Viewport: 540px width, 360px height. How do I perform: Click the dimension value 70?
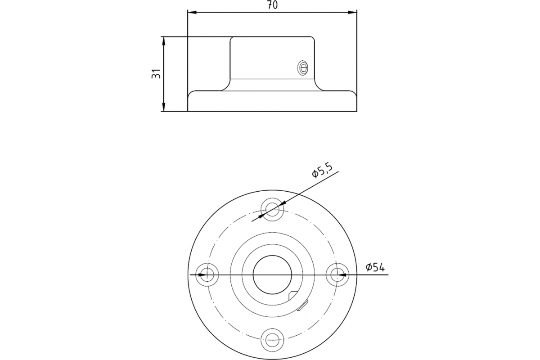272,5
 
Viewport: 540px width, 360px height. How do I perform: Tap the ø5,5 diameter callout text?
322,171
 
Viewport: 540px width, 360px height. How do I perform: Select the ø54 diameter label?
375,267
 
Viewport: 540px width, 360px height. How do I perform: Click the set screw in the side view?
303,68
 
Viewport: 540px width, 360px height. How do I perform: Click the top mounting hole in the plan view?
272,209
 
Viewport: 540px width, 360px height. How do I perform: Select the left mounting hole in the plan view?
207,274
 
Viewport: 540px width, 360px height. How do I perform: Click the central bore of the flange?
272,274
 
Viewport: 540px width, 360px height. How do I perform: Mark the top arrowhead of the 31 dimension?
164,40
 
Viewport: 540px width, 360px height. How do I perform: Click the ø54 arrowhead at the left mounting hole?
202,274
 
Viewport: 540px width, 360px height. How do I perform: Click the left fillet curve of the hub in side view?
225,86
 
